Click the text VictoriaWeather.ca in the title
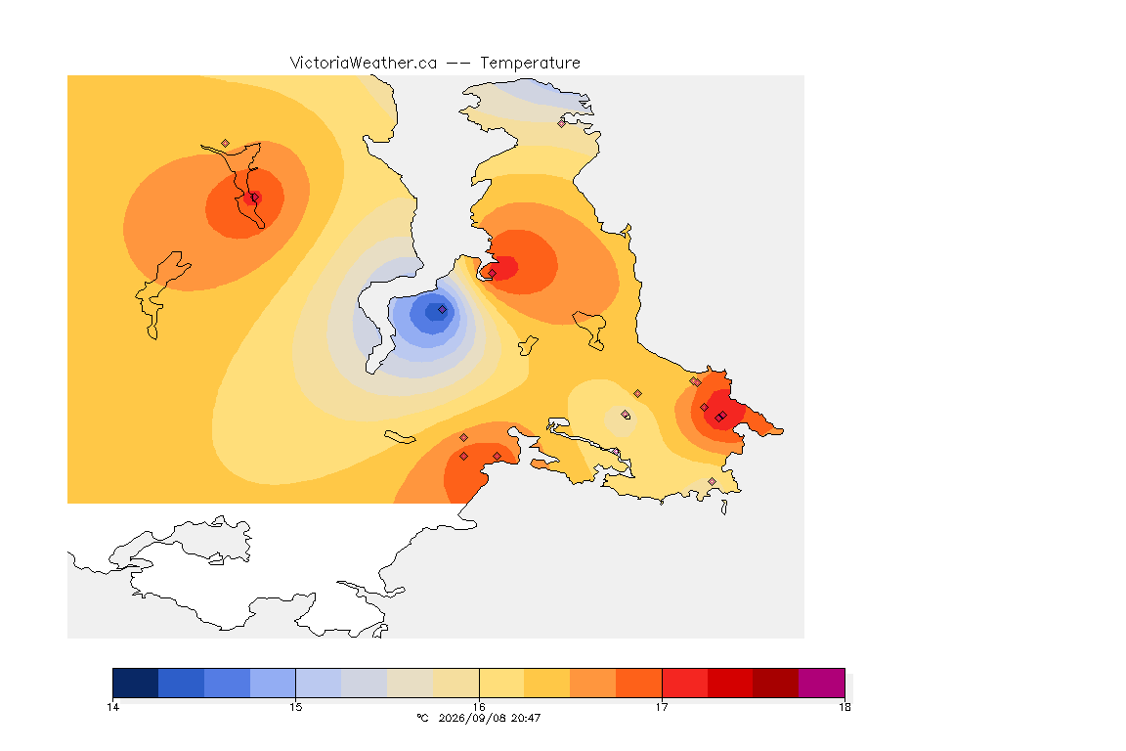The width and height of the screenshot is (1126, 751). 364,64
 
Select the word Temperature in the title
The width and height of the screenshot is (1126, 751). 530,64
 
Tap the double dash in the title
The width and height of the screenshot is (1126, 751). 458,64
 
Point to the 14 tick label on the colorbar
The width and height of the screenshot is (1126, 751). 112,707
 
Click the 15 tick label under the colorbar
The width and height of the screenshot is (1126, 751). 296,707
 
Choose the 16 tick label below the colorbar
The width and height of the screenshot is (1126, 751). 479,707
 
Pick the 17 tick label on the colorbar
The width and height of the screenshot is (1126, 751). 662,707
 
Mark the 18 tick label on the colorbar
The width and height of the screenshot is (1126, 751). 844,707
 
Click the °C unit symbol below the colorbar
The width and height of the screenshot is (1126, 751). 422,718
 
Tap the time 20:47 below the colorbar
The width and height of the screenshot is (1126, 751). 526,718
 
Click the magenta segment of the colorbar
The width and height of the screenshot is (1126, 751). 821,683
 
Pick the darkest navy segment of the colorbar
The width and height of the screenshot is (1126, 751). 136,683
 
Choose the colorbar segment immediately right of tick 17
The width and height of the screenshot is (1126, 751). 684,683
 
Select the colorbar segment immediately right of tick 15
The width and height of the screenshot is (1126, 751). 319,683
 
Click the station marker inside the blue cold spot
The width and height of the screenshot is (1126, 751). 443,310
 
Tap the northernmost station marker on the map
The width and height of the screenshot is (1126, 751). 562,123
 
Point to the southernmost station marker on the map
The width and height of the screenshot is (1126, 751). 712,481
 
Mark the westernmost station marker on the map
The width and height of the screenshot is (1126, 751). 226,144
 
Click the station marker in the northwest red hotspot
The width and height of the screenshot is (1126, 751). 254,198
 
